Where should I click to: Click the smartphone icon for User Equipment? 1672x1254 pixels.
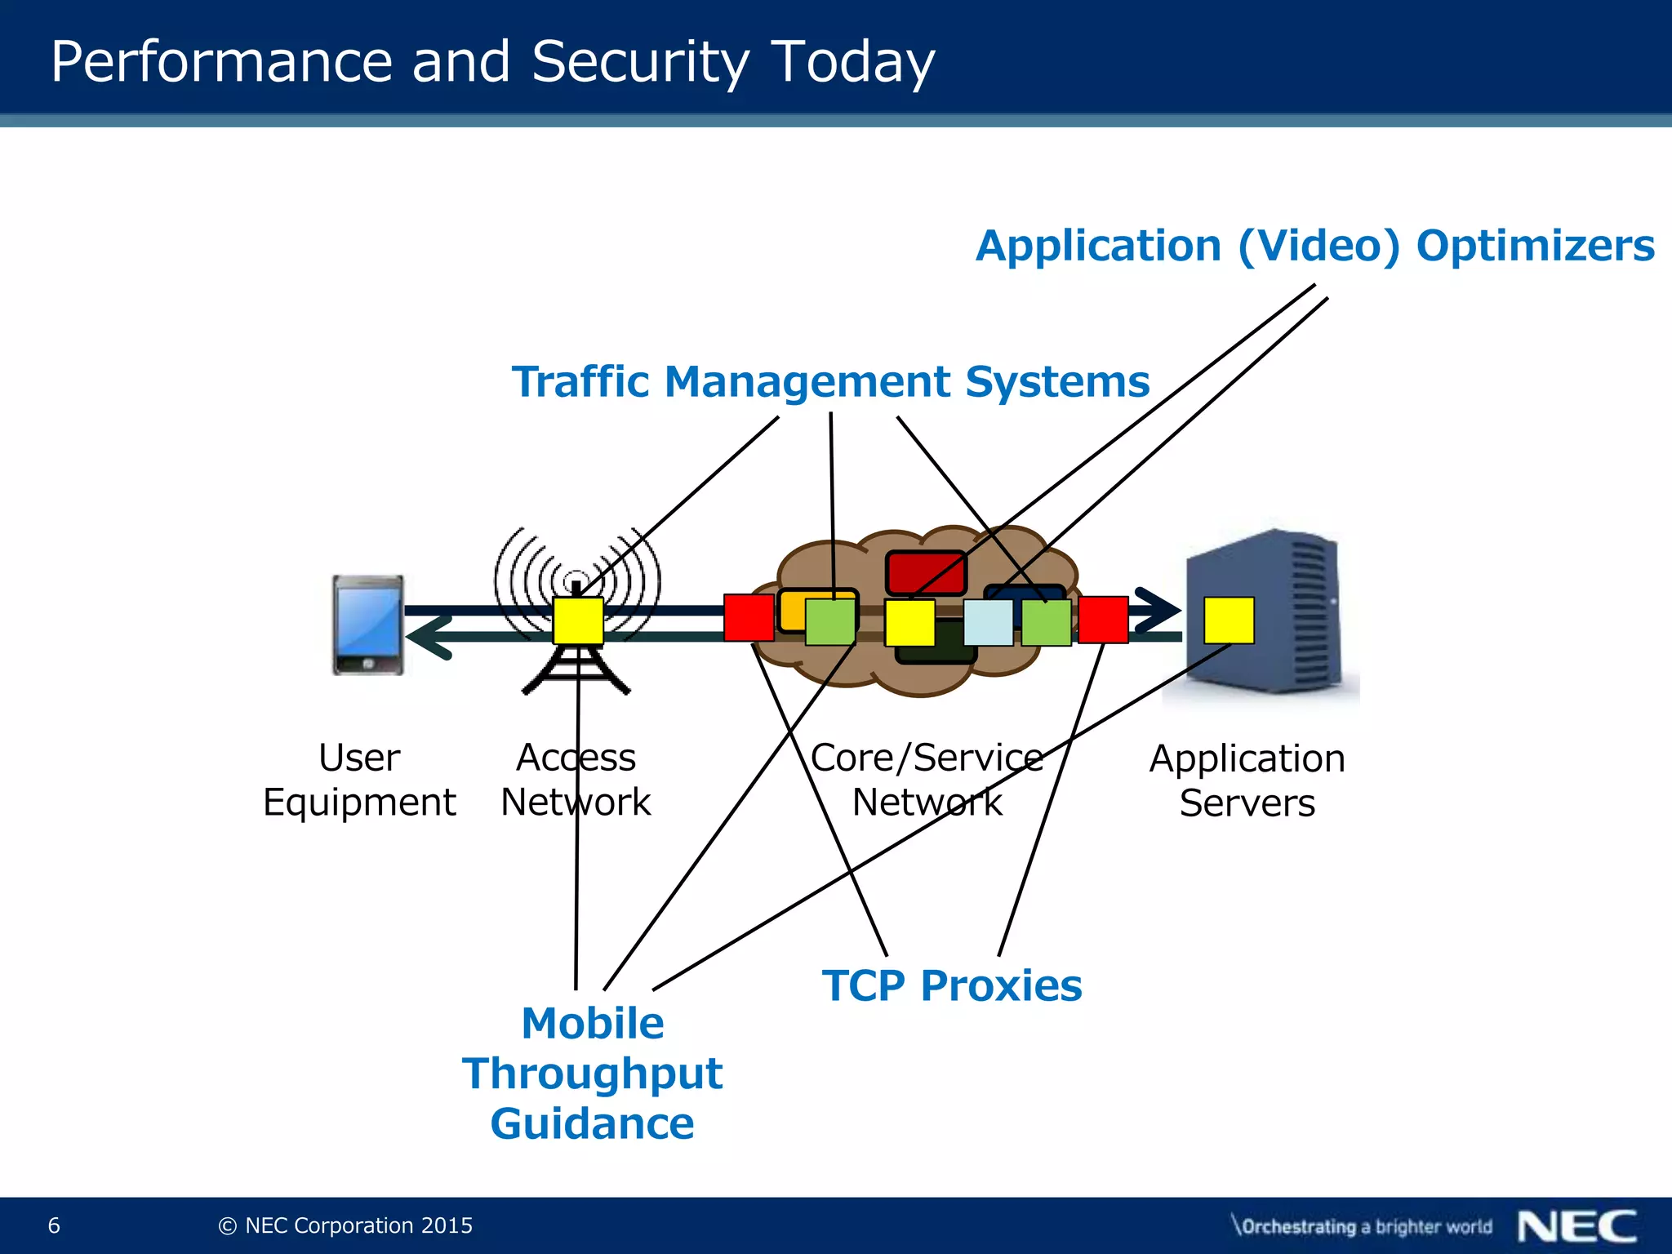[368, 625]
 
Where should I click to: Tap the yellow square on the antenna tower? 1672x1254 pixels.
[578, 620]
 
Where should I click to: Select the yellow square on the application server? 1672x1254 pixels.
[1229, 620]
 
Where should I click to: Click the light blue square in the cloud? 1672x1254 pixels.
[988, 622]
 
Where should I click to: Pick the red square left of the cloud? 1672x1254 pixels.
[749, 617]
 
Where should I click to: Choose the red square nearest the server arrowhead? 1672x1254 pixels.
[1103, 620]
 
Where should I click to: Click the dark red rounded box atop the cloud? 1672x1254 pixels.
[926, 572]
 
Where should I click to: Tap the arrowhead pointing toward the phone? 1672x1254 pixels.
[429, 637]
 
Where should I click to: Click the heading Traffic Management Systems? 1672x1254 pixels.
[830, 382]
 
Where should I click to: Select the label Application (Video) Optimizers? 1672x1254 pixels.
[1314, 246]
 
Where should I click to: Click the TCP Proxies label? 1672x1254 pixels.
[952, 985]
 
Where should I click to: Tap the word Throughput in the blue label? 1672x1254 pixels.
[592, 1074]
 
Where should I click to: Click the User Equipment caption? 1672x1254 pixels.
[359, 780]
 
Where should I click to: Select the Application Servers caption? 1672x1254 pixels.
[1247, 780]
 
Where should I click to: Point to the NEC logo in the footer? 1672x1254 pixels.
[1576, 1226]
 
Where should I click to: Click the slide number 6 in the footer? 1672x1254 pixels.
[54, 1225]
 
